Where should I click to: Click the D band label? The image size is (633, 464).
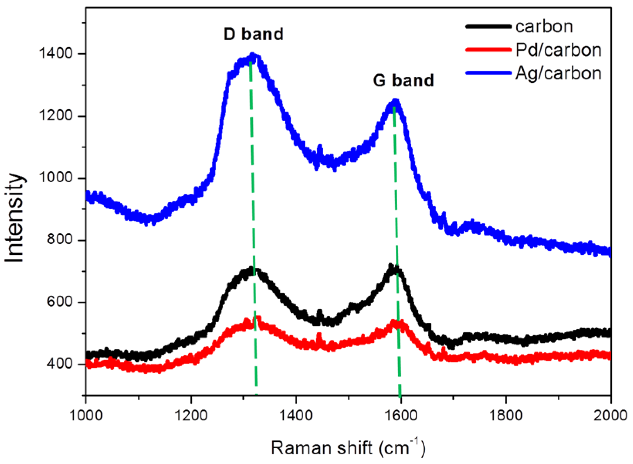pyautogui.click(x=253, y=34)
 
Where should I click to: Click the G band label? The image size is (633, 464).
pyautogui.click(x=403, y=80)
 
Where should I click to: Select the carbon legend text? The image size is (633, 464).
pyautogui.click(x=544, y=27)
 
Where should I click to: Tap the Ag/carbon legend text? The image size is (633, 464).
pyautogui.click(x=558, y=74)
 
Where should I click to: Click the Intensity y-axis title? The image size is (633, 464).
pyautogui.click(x=14, y=218)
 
